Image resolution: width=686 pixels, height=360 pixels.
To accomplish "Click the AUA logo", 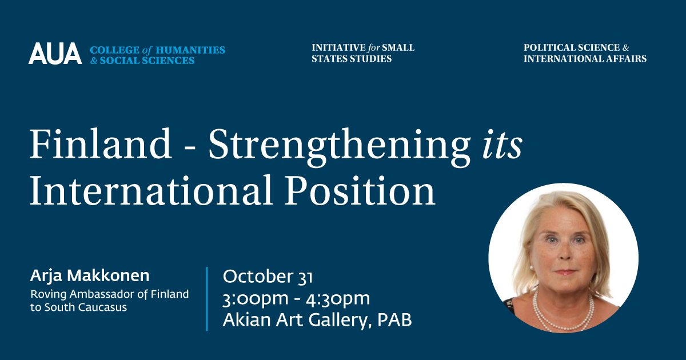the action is [x=55, y=53].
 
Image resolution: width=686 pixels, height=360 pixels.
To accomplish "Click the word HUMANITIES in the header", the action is [x=190, y=50].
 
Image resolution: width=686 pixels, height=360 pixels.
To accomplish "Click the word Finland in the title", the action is [x=100, y=143].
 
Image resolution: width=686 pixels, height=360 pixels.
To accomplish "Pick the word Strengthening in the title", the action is [x=340, y=147].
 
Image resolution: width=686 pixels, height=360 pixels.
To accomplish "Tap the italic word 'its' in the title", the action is [x=502, y=145].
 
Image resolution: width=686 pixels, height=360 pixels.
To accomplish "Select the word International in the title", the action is [x=151, y=190].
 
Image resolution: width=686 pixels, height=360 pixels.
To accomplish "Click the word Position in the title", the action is [x=360, y=190].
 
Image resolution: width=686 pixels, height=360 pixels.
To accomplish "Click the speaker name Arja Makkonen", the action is [x=90, y=277].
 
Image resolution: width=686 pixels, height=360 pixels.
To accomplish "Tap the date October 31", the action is [x=268, y=277].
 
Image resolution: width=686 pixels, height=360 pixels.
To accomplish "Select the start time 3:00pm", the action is [x=256, y=299].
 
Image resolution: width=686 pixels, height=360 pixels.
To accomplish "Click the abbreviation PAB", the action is [x=394, y=320].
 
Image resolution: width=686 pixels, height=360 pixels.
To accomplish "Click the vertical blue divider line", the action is [x=207, y=299].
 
